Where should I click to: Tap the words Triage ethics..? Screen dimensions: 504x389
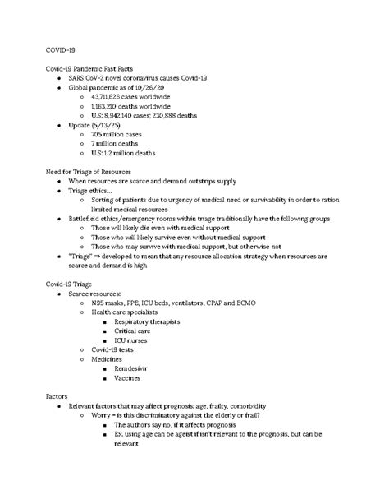click(91, 190)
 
